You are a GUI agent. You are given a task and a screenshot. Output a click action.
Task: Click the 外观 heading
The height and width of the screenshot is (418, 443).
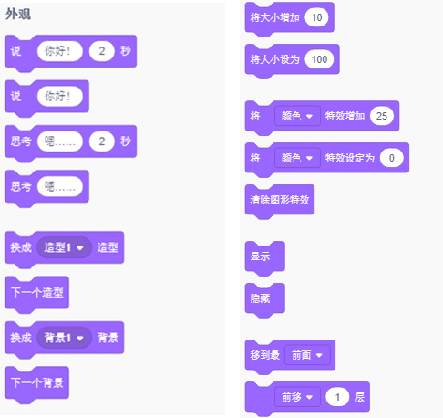[x=18, y=14]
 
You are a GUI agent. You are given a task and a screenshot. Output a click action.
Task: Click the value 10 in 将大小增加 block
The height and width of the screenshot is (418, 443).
[x=316, y=17]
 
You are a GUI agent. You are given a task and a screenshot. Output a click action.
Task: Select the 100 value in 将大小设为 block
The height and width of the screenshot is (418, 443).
[x=319, y=59]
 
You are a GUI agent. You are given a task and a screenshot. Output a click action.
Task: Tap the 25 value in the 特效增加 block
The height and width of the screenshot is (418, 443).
[x=382, y=116]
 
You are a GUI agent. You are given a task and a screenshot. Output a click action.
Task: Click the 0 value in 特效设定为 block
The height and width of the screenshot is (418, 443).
[x=392, y=158]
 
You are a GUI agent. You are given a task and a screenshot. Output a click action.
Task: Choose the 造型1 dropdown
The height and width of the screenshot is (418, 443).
[x=64, y=247]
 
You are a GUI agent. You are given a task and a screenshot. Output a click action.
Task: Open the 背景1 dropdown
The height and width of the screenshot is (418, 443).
[x=64, y=338]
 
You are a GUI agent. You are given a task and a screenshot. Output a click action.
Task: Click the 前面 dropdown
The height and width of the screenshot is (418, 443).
[x=307, y=355]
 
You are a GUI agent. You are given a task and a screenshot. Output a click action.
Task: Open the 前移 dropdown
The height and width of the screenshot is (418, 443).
[x=297, y=397]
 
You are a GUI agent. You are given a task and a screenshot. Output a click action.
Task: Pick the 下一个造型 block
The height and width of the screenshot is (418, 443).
[x=36, y=293]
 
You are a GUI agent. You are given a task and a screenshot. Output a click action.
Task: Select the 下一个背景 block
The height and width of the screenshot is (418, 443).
[x=36, y=382]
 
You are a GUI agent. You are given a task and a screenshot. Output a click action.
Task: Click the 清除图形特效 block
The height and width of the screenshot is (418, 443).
[x=280, y=200]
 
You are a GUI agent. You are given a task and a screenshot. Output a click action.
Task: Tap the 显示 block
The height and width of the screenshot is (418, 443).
[x=265, y=256]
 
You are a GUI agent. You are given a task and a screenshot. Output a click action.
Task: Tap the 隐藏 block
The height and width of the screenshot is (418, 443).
[x=265, y=298]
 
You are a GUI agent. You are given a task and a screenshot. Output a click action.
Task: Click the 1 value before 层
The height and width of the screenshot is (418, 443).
[x=337, y=397]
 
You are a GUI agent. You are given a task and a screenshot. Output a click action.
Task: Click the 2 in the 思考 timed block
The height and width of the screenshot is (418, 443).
[x=102, y=141]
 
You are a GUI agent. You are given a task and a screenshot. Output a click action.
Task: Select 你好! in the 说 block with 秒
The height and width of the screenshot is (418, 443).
[x=60, y=51]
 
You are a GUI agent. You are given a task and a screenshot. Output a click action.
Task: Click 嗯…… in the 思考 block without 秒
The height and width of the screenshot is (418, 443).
[x=60, y=186]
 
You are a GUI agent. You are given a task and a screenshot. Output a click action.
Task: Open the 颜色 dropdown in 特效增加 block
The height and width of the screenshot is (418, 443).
[x=297, y=116]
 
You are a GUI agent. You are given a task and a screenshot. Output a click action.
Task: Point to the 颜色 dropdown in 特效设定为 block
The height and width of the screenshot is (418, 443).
[x=297, y=158]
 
